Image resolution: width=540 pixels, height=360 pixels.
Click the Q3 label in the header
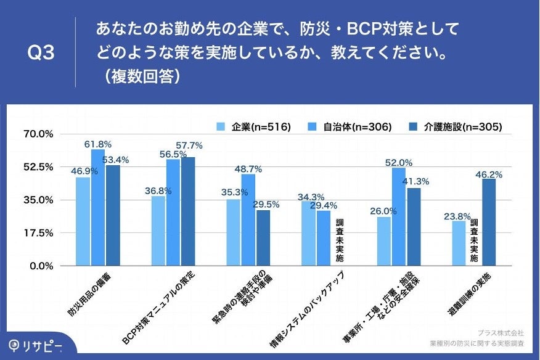point(41,53)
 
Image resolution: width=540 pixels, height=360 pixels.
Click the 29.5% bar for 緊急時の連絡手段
point(263,238)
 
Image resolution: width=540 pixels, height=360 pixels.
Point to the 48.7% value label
point(248,168)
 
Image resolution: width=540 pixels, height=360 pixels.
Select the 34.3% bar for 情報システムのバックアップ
point(309,234)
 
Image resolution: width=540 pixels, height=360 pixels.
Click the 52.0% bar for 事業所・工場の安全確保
point(399,216)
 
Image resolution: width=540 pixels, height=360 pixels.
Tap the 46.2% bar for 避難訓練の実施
point(489,222)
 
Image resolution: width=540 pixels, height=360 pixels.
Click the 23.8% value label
point(457,216)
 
